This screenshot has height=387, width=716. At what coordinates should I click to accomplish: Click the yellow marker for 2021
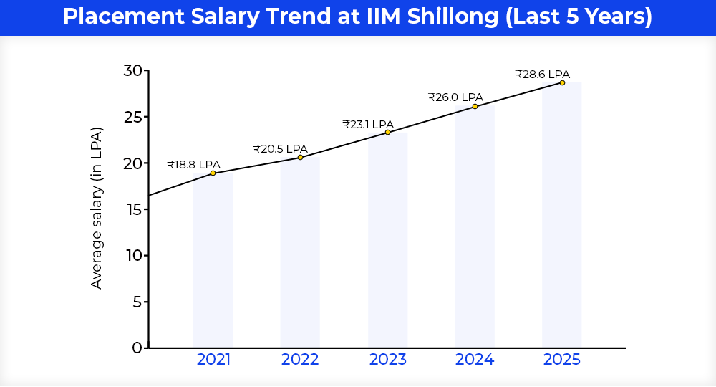coord(213,173)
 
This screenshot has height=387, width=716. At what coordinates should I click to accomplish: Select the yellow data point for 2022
coord(300,157)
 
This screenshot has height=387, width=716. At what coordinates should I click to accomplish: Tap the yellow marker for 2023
coord(387,132)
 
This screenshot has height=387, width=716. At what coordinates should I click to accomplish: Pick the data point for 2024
coord(475,106)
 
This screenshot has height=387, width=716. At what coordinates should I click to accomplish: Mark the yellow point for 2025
coord(562,82)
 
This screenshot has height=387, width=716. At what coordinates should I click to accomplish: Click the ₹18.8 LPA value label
coord(194,164)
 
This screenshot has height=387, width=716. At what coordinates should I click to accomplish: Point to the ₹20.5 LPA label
coord(280,149)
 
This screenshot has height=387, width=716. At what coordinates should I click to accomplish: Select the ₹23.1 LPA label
coord(368,124)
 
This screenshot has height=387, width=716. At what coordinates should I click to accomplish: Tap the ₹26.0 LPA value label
coord(455,97)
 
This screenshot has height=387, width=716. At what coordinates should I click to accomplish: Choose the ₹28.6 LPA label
coord(542,74)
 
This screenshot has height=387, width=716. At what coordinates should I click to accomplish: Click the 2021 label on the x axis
coord(213,360)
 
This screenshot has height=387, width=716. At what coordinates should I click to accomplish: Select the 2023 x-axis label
coord(387,360)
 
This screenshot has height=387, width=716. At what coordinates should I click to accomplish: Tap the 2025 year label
coord(562,360)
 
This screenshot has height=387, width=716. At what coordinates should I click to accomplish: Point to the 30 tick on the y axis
coord(132,70)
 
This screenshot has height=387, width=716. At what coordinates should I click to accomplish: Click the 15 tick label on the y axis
coord(132,209)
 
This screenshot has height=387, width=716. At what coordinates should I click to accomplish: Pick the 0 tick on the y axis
coord(137,348)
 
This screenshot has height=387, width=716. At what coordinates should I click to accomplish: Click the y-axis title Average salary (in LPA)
coord(97,208)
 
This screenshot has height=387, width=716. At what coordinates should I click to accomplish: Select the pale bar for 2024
coord(475,229)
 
